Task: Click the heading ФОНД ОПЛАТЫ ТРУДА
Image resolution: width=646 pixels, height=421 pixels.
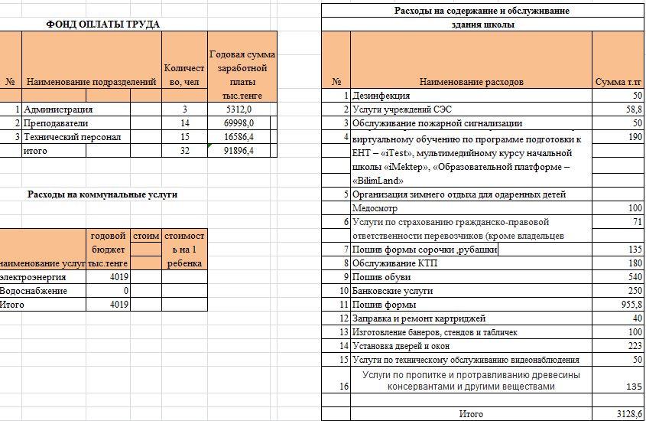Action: [102, 24]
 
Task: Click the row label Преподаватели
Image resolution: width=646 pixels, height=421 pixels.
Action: [57, 123]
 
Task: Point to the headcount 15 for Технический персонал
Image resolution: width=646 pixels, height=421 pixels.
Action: [184, 137]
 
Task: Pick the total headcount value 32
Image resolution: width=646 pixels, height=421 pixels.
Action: [184, 151]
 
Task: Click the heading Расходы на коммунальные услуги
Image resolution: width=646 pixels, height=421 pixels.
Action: [102, 194]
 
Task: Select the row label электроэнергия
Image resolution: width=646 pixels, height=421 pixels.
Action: [34, 277]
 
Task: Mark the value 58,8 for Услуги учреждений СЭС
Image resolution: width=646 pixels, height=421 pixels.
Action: [632, 109]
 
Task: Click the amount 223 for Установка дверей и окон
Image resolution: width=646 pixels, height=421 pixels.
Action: [635, 346]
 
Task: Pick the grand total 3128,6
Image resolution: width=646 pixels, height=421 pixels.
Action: [629, 414]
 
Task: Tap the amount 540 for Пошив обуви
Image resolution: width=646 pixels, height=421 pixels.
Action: [635, 277]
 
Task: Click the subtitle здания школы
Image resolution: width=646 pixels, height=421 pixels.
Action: [482, 24]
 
